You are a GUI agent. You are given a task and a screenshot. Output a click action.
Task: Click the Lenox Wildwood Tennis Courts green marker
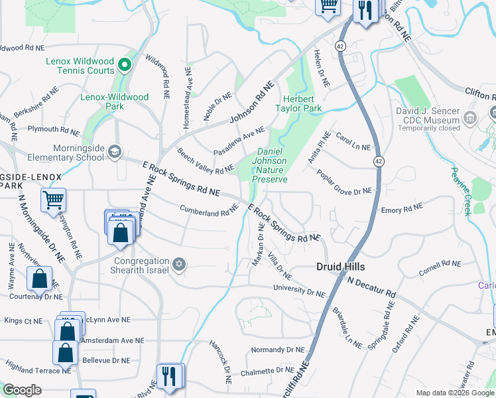point(124,65)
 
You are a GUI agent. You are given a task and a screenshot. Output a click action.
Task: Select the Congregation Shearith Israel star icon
point(178,265)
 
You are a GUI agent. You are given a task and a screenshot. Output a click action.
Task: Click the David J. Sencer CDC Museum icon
point(470,119)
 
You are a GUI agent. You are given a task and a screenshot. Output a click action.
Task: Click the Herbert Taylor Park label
point(298,103)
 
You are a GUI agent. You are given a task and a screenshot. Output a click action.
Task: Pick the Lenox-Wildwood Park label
point(115,101)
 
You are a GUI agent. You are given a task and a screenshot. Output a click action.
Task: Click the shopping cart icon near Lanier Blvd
point(53,199)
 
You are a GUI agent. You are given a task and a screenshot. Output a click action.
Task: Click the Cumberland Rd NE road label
point(208,210)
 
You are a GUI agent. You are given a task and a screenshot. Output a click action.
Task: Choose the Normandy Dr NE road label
point(277,350)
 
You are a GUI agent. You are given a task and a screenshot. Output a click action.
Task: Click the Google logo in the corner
point(23,390)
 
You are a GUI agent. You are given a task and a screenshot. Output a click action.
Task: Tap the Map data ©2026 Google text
point(454,393)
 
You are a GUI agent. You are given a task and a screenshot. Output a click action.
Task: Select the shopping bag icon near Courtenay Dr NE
point(40,280)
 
